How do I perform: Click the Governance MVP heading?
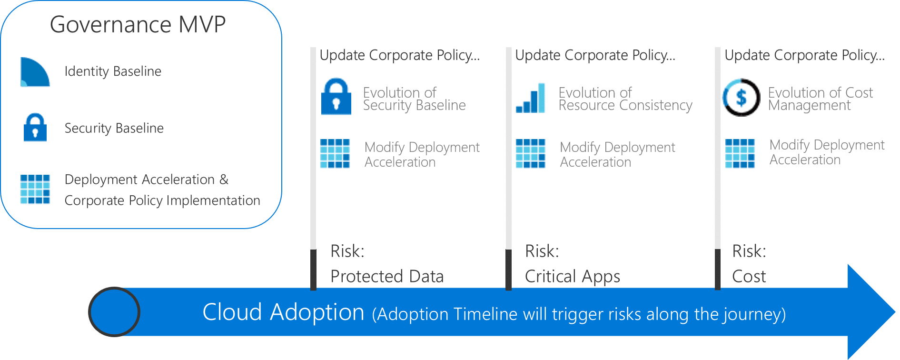[x=138, y=24]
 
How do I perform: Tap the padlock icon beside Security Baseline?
[x=35, y=128]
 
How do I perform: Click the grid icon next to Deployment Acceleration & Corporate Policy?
[x=35, y=189]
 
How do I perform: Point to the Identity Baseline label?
[x=113, y=71]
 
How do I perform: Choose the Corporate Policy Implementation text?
[x=162, y=200]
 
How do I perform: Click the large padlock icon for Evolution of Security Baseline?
[x=336, y=97]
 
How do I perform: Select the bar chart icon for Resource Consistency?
[x=531, y=99]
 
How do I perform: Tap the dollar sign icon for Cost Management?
[x=741, y=98]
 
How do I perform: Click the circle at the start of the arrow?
[x=114, y=312]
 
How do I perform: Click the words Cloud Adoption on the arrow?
[x=283, y=312]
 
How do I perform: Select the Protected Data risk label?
[x=387, y=276]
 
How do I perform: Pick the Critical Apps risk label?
[x=572, y=276]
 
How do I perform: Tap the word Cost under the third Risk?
[x=749, y=276]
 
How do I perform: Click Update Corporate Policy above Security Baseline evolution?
[x=399, y=55]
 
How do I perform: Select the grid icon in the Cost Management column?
[x=740, y=153]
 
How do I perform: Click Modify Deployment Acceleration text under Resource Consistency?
[x=617, y=154]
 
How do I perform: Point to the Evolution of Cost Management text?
[x=820, y=99]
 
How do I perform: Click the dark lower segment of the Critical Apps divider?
[x=508, y=269]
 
